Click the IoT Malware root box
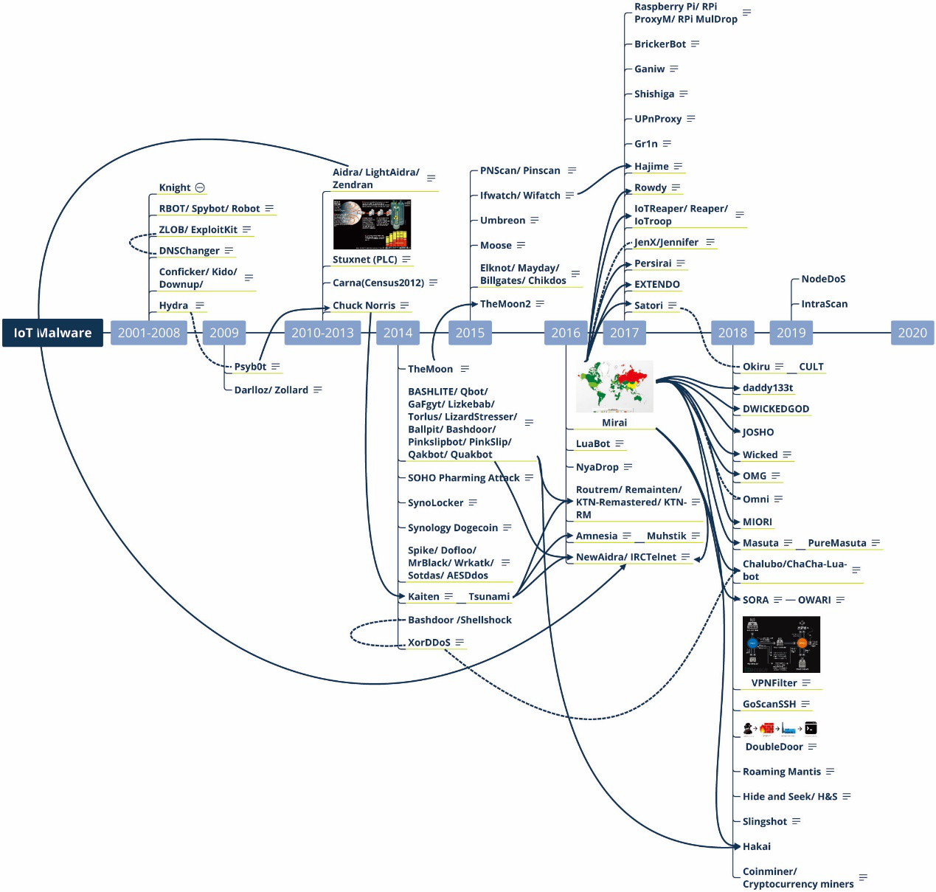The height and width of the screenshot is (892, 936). pos(52,333)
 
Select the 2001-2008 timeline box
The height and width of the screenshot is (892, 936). pos(149,333)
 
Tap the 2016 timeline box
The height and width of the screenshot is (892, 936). pos(566,333)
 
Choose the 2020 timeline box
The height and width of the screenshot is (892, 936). pos(912,333)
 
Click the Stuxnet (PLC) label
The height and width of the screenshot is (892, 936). pos(364,260)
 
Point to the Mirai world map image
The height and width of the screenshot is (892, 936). pos(614,387)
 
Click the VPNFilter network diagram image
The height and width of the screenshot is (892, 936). pos(781,645)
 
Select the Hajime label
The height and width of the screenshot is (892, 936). pos(651,167)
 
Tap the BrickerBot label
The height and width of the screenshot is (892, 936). pos(660,44)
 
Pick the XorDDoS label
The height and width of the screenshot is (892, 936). pos(429,643)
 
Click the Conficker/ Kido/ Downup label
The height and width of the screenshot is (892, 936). pos(198,278)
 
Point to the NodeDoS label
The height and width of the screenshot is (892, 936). pos(823,279)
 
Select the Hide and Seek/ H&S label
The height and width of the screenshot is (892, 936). pos(790,797)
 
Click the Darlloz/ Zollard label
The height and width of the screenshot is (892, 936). pos(271,390)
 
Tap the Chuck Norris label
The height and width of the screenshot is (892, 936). pos(364,305)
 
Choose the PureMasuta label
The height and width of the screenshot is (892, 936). pos(837,543)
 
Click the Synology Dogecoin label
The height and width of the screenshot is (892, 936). pos(453,528)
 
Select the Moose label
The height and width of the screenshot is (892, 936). pos(496,246)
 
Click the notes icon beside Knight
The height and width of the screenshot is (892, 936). pos(200,187)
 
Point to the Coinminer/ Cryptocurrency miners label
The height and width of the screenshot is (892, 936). pos(797,878)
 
